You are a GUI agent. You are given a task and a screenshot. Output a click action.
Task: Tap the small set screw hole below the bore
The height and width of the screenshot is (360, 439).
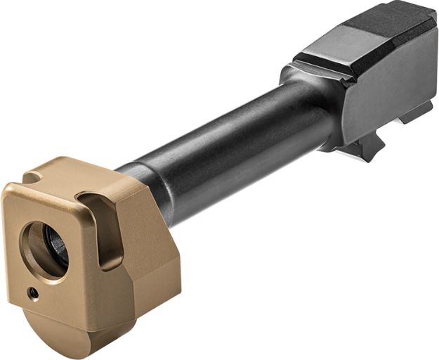(32, 291)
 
